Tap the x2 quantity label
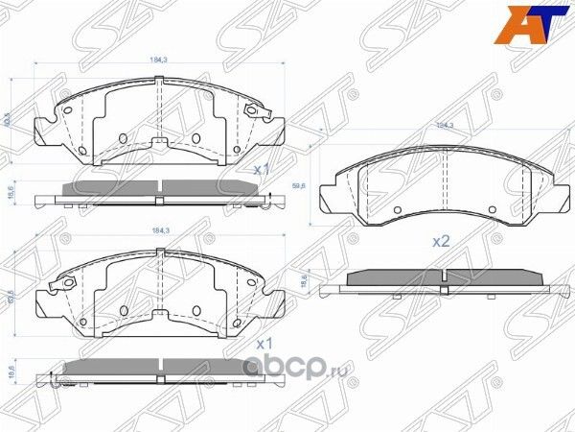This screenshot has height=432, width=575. tap(441, 242)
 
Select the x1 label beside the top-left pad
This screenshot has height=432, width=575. tap(262, 168)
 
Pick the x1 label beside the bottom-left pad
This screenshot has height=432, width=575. tap(264, 342)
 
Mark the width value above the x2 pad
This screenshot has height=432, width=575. tap(445, 126)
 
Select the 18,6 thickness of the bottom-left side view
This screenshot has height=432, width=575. tap(11, 369)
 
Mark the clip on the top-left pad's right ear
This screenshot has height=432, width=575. tap(254, 113)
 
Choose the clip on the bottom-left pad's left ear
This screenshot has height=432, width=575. tap(67, 285)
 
